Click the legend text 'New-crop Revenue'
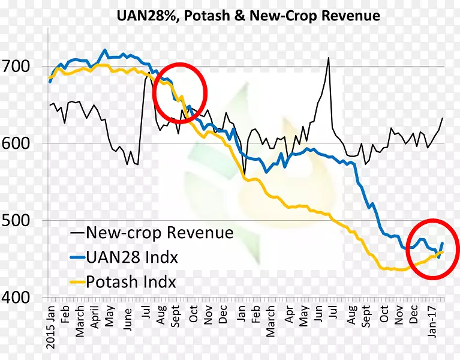coord(160,232)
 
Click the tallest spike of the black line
coord(329,58)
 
